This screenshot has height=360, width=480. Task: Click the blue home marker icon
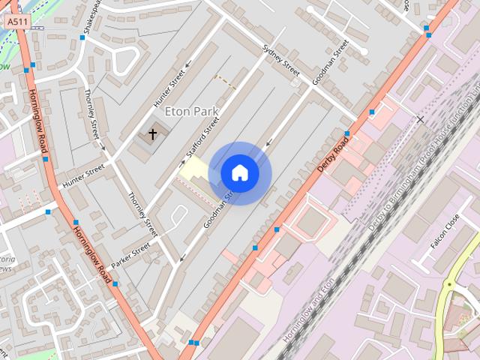[240, 172]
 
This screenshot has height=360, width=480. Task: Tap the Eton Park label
[190, 111]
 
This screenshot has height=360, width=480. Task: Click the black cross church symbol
[153, 134]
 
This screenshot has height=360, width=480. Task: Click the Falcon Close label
[445, 232]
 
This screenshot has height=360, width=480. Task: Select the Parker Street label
[130, 256]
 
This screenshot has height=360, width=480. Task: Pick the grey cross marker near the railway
[420, 119]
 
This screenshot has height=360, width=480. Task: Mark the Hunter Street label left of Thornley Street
[83, 177]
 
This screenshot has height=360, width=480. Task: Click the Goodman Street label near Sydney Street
[330, 61]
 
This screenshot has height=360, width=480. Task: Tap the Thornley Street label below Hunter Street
[142, 213]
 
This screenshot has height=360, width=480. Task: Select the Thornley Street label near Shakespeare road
[92, 114]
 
